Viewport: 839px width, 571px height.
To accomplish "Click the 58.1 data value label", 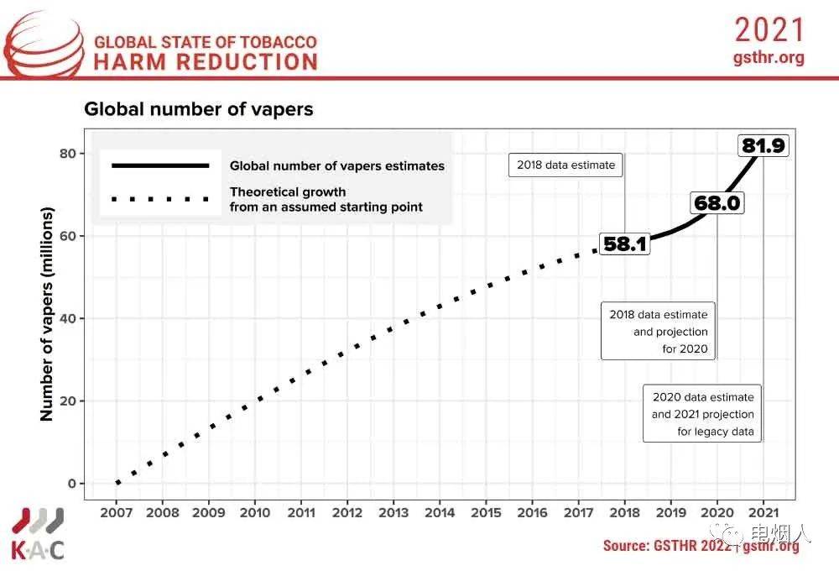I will coord(625,244).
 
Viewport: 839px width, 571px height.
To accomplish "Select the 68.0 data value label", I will coord(717,203).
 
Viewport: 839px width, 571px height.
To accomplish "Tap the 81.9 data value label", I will coord(763,146).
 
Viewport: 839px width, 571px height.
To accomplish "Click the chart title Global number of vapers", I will coord(198,109).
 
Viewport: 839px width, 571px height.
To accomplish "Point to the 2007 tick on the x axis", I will coord(117,512).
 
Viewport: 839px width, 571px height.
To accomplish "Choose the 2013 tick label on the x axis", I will coord(394,512).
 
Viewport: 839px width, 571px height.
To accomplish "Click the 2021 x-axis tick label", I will coord(763,512).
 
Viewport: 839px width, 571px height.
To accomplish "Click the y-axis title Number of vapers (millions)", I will coord(47,315).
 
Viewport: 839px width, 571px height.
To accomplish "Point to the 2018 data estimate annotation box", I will coord(566,165).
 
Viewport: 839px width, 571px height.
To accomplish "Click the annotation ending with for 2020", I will coord(659,332).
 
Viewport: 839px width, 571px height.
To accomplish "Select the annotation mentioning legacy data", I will coord(703,414).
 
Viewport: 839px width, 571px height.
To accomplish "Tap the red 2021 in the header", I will coord(769,30).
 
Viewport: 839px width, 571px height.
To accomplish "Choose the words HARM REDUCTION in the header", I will coord(206,61).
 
